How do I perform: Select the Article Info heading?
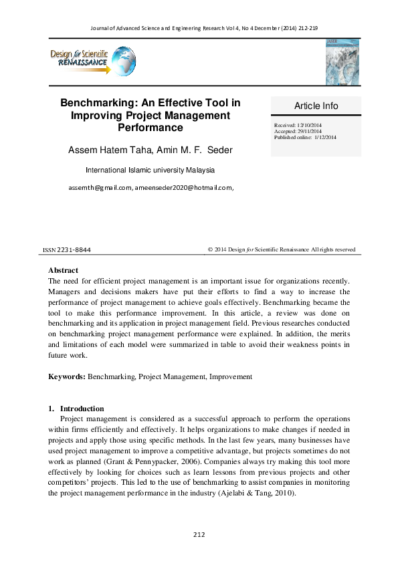(x=316, y=106)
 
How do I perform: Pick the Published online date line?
(x=305, y=137)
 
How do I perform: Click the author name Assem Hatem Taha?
(x=110, y=149)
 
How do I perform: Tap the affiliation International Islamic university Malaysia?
(x=151, y=171)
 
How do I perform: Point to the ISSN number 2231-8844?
(x=75, y=250)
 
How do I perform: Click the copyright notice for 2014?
(x=281, y=249)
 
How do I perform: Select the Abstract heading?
(x=63, y=270)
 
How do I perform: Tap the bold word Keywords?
(x=66, y=377)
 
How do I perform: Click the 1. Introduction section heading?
(x=76, y=409)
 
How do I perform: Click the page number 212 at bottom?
(x=199, y=534)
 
